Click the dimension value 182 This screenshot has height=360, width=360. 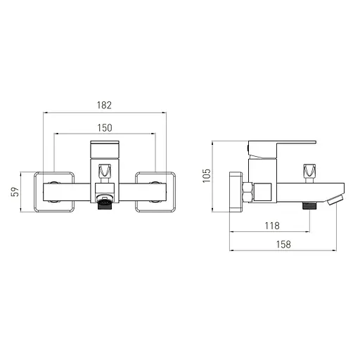[104, 105]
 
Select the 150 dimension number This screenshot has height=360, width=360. [105, 128]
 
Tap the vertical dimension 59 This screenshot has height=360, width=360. [15, 192]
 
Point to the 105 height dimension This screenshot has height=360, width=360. [207, 176]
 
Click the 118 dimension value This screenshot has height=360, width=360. [272, 226]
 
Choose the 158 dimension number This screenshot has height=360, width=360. [283, 245]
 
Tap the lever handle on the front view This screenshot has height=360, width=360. [105, 150]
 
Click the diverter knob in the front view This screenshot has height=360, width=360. [105, 171]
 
